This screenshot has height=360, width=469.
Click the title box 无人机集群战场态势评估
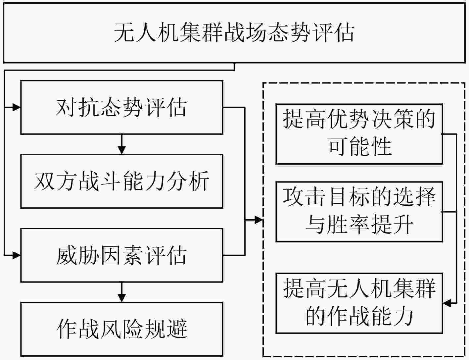tap(234, 33)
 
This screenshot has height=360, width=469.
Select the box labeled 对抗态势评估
tap(122, 107)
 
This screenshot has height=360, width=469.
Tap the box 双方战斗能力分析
tap(122, 181)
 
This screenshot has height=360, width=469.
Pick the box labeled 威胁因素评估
tap(122, 255)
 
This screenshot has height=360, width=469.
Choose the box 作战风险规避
tap(122, 329)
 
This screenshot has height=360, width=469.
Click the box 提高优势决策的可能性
tap(359, 134)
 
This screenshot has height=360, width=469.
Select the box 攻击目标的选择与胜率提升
tap(359, 212)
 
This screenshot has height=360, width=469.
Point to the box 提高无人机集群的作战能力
tap(359, 303)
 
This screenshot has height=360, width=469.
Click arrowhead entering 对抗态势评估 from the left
tap(17, 107)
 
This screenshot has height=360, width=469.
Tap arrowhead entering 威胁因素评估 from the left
tap(17, 255)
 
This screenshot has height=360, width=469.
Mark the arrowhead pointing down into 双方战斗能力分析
tap(122, 150)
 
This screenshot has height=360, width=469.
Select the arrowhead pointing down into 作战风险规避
tap(122, 298)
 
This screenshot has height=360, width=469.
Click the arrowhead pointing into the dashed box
tap(259, 220)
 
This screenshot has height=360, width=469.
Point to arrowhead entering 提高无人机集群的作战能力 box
tap(447, 303)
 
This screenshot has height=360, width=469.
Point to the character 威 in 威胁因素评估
tap(67, 255)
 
